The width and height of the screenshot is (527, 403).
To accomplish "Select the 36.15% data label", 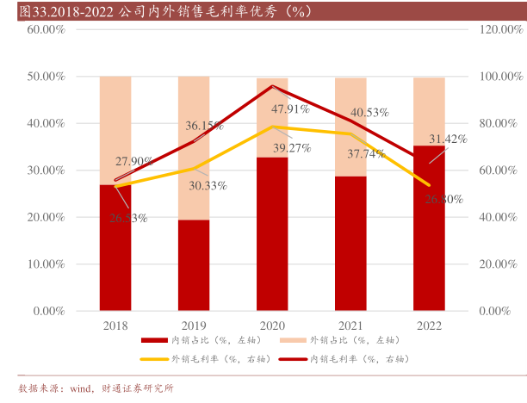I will point(205,126).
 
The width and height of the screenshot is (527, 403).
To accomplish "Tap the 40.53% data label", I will point(370,112).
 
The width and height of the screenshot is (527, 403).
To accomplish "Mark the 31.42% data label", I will point(448,139).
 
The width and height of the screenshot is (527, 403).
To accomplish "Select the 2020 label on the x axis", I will point(272,325).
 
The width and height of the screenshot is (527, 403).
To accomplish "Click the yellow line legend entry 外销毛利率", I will point(208,358).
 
